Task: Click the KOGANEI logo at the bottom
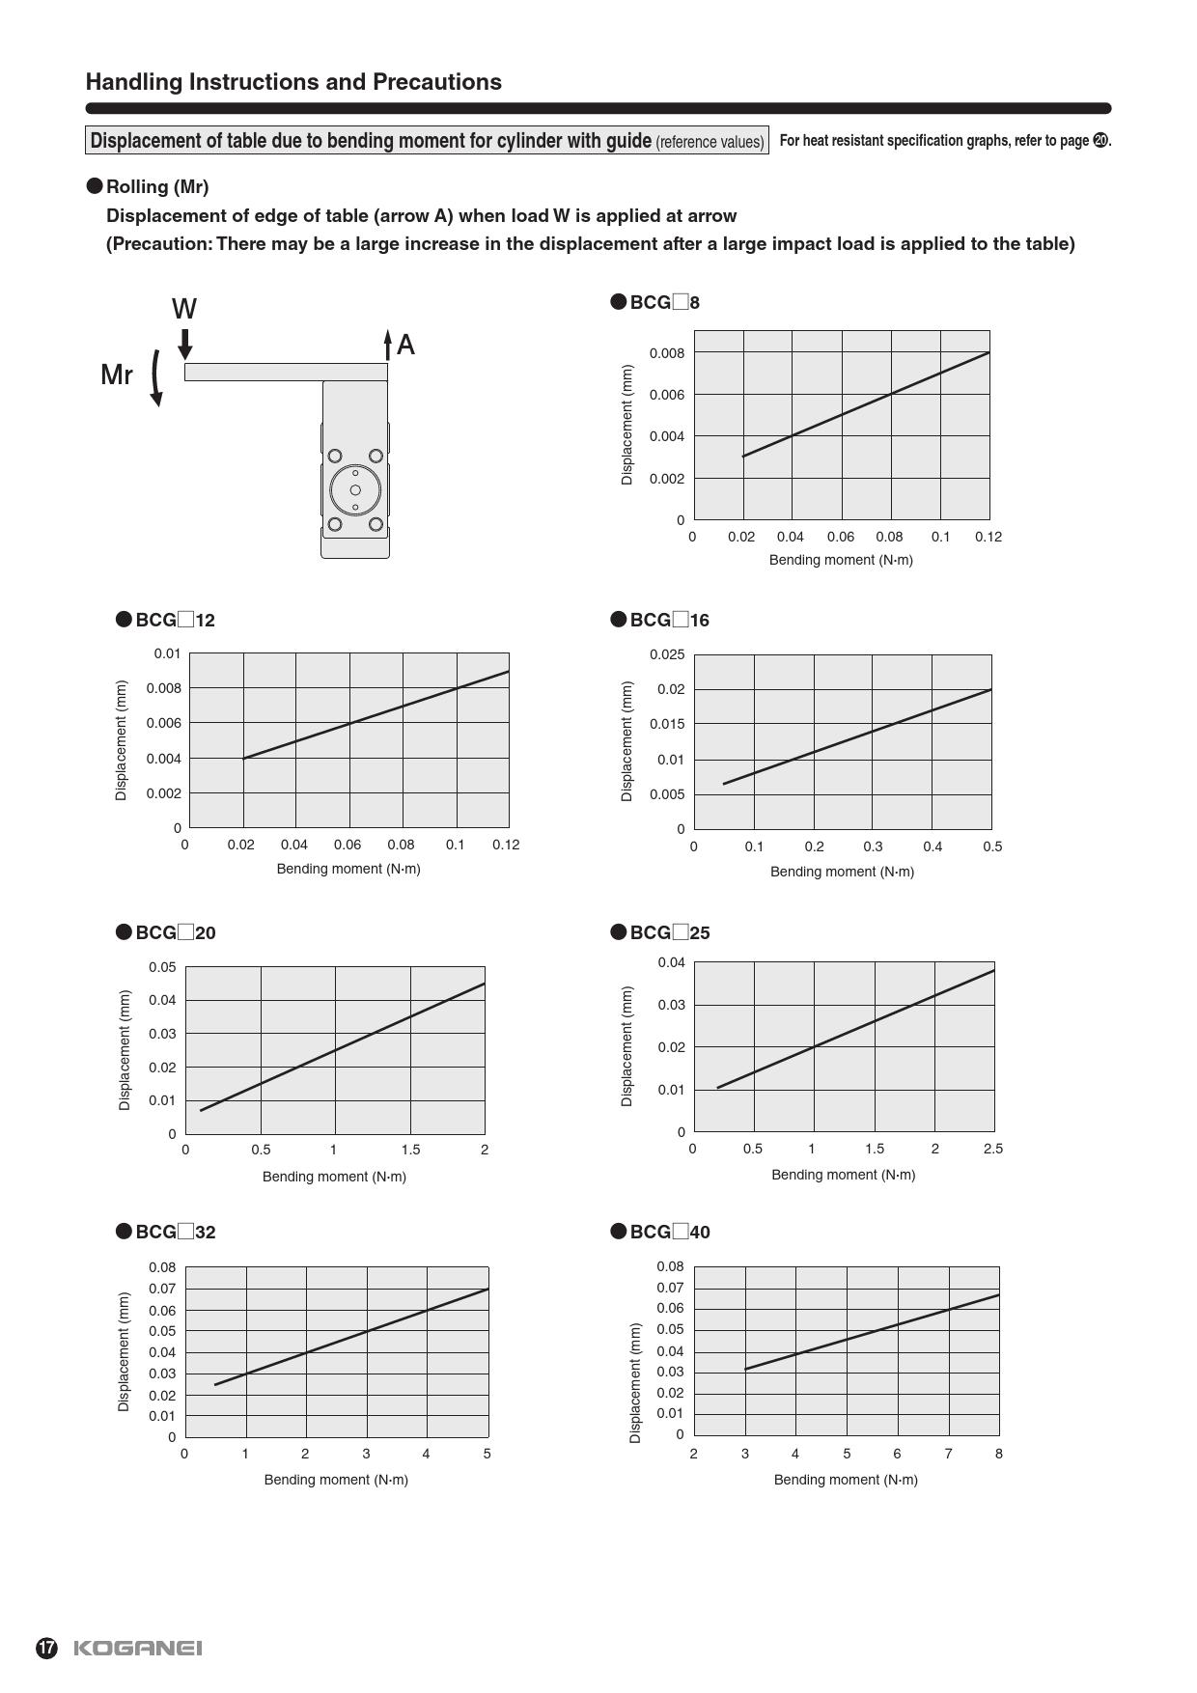tap(138, 1648)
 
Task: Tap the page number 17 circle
tap(46, 1648)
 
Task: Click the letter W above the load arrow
tap(184, 309)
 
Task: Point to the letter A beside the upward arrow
tap(405, 345)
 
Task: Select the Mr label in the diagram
tap(117, 375)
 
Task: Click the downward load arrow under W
tap(185, 344)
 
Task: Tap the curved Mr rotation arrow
tap(156, 377)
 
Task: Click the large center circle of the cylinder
tap(355, 489)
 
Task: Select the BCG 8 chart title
tap(656, 302)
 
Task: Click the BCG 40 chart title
tap(661, 1232)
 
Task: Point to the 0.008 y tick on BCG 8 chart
tap(667, 353)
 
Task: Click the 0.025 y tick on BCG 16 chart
tap(667, 654)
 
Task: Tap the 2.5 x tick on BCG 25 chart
tap(993, 1149)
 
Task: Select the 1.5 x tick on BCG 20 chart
tap(410, 1150)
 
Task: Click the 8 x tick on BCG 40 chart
tap(999, 1454)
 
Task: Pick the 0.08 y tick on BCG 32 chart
tap(162, 1267)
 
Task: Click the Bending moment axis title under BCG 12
tap(348, 869)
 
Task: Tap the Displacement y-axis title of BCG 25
tap(627, 1046)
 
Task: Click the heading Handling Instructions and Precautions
tap(293, 82)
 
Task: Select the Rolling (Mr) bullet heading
tap(149, 186)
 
